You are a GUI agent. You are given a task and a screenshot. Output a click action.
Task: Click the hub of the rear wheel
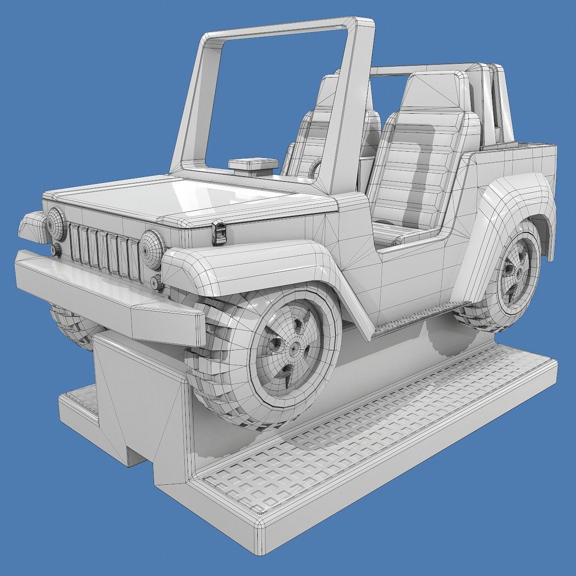519,272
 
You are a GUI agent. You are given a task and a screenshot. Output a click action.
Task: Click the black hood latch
219,231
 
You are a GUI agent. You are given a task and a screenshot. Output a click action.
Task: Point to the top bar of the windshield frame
288,26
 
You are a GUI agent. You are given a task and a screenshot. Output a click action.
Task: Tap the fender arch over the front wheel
250,269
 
